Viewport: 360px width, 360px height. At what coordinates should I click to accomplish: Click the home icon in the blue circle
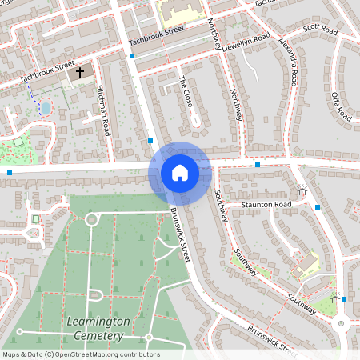pyautogui.click(x=180, y=172)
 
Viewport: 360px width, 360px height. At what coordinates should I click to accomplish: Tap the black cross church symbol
pyautogui.click(x=79, y=73)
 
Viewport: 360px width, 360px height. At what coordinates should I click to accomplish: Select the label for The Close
pyautogui.click(x=186, y=92)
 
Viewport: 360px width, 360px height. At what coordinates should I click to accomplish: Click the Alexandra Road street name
pyautogui.click(x=288, y=61)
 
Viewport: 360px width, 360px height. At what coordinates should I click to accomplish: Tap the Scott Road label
pyautogui.click(x=320, y=30)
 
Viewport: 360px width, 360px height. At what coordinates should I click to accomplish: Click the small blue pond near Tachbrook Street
pyautogui.click(x=46, y=107)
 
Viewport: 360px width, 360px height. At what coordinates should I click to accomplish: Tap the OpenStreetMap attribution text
pyautogui.click(x=81, y=354)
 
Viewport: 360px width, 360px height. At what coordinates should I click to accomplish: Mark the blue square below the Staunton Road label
pyautogui.click(x=318, y=207)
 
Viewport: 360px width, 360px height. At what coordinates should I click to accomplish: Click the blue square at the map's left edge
pyautogui.click(x=10, y=172)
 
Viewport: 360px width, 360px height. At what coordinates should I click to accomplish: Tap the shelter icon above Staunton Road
pyautogui.click(x=302, y=190)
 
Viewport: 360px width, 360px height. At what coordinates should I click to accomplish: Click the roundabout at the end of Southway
pyautogui.click(x=342, y=324)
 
